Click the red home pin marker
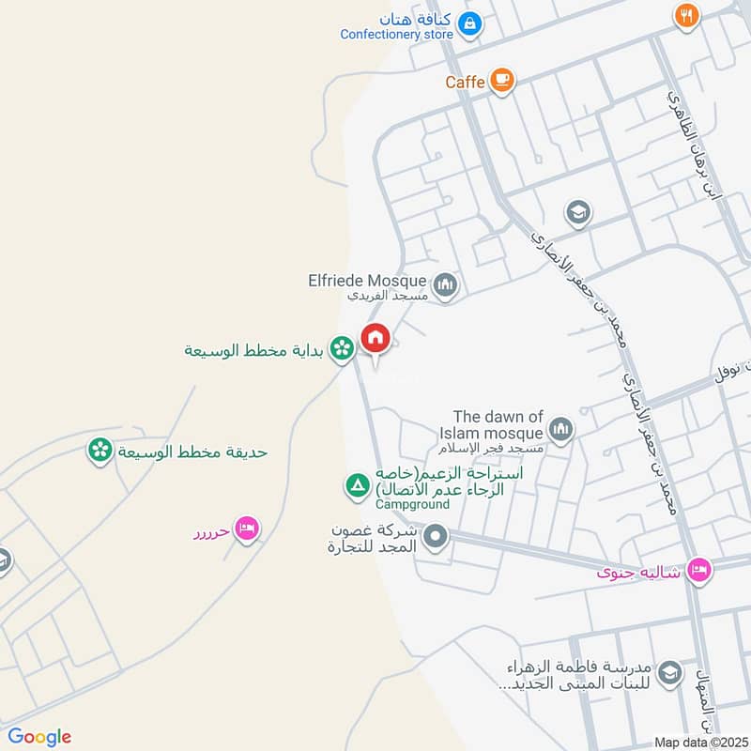[x=375, y=339]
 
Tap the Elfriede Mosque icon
[x=445, y=284]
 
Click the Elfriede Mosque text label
[x=367, y=280]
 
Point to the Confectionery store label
[x=396, y=35]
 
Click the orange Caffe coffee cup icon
[x=502, y=81]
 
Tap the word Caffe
[x=465, y=82]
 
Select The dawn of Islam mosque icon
[x=561, y=429]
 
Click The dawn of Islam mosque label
[x=498, y=425]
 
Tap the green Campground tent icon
[x=358, y=486]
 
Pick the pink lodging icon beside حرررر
[x=247, y=530]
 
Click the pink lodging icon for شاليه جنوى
[x=698, y=570]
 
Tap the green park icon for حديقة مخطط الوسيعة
[x=99, y=452]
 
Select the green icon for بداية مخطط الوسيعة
[x=342, y=347]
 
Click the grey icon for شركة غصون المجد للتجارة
[x=436, y=538]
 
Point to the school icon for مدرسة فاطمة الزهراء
[x=669, y=672]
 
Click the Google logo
[x=39, y=737]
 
